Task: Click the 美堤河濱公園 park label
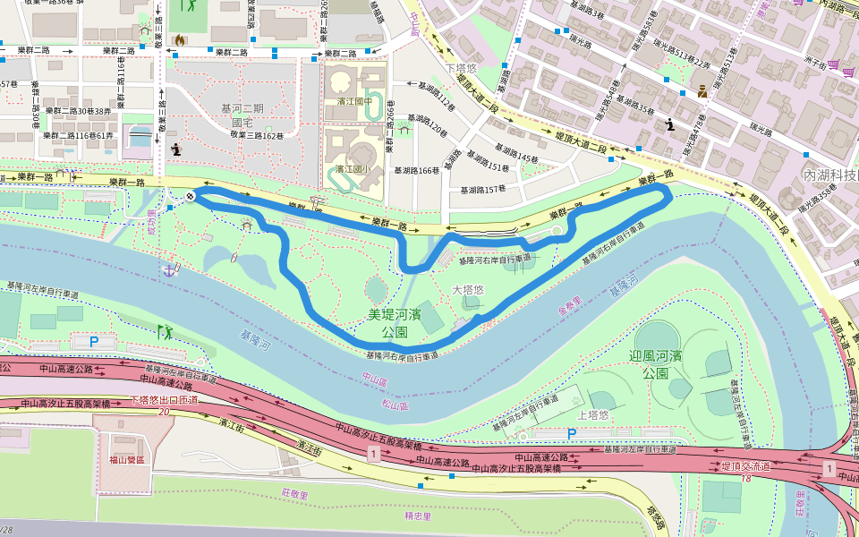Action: tap(395, 323)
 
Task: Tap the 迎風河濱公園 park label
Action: tap(663, 363)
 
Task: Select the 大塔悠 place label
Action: tap(467, 290)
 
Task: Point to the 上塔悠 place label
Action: tap(593, 415)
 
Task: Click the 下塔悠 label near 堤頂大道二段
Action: tap(463, 69)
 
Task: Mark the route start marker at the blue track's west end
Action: tap(191, 196)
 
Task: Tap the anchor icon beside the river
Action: tap(167, 268)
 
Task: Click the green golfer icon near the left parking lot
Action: tap(163, 332)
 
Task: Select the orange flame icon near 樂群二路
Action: tap(180, 40)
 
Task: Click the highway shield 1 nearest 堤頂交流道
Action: tap(829, 469)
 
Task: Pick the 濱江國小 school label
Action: tap(353, 168)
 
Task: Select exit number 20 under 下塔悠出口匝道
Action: tap(164, 411)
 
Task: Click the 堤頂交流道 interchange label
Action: tap(746, 466)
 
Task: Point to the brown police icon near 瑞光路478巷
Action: tap(703, 89)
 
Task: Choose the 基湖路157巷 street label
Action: tap(483, 190)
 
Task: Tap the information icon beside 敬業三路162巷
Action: tap(176, 149)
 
